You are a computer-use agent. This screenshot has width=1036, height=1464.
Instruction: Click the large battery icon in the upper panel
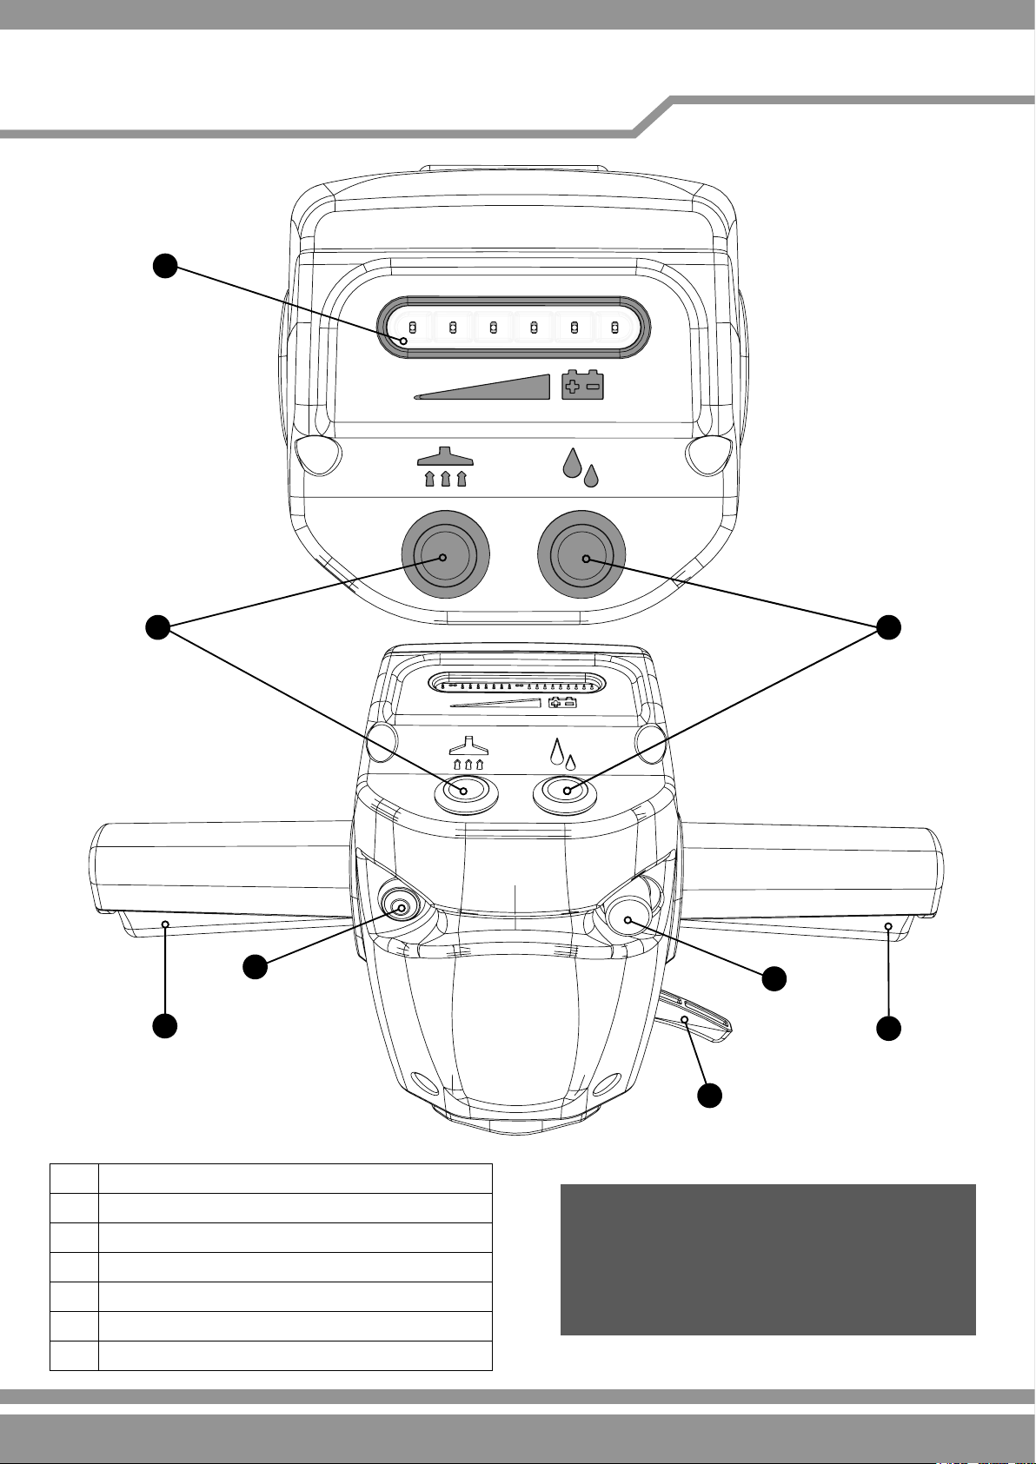[583, 384]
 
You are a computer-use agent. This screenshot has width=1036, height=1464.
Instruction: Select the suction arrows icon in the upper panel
[444, 467]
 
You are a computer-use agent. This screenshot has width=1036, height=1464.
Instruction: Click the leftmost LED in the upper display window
[414, 328]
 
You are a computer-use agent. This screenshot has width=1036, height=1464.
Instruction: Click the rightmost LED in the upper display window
[614, 328]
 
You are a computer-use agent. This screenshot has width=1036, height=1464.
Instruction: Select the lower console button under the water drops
[565, 792]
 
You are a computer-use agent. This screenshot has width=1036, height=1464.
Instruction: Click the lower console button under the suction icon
[466, 792]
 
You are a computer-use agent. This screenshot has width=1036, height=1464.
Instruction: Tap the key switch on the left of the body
[401, 908]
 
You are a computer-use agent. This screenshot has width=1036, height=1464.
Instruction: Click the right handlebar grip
[813, 869]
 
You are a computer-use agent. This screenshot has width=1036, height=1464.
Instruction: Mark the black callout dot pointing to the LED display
[165, 266]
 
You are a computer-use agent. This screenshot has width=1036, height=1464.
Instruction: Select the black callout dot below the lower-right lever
[710, 1096]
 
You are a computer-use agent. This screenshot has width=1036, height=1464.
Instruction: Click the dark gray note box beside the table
[767, 1259]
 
